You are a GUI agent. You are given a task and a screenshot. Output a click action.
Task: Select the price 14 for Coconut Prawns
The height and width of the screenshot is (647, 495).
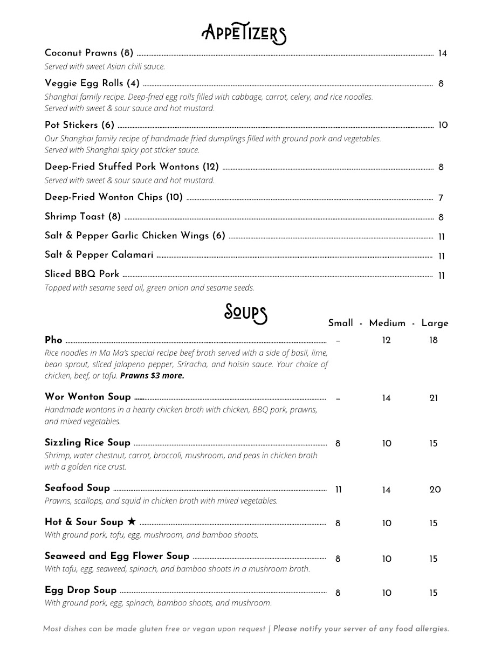[442, 53]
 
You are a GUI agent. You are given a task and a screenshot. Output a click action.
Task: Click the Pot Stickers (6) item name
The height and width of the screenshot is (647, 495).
[79, 125]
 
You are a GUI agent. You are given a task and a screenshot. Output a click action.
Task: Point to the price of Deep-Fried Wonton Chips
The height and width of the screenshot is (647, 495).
[441, 198]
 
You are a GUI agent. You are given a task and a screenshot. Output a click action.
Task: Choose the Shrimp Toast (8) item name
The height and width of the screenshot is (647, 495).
[82, 216]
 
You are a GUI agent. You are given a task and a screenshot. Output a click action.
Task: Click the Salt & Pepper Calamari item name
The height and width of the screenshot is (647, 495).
[99, 254]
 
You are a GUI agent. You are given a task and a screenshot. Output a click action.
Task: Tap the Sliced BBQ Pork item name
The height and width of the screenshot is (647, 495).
[81, 274]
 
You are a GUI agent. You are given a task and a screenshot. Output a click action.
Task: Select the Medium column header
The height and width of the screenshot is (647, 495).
[387, 323]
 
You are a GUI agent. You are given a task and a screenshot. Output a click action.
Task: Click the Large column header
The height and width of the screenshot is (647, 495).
[435, 323]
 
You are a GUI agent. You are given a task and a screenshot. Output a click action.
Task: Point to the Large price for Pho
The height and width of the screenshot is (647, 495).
[434, 340]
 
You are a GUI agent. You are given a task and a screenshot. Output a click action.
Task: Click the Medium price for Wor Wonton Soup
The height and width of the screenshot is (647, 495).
[386, 398]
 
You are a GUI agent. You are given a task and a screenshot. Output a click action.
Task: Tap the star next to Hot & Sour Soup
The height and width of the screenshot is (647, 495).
[132, 521]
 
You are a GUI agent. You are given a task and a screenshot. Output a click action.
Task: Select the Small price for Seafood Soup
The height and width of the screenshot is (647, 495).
[339, 490]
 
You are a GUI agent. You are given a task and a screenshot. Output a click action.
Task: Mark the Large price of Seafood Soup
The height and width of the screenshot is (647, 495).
[435, 490]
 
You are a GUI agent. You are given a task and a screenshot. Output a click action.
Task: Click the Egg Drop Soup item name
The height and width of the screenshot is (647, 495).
[80, 590]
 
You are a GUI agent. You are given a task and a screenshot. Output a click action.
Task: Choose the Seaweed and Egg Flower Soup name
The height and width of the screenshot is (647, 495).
[117, 556]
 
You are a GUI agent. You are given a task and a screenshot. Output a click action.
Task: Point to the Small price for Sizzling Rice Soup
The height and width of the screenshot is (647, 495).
[338, 444]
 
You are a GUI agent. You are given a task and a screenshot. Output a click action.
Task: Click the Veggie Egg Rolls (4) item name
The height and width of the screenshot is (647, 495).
[92, 83]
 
